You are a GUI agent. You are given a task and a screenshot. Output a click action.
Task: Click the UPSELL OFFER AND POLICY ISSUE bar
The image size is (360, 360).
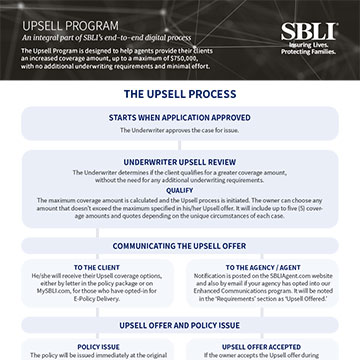tap(180, 325)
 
